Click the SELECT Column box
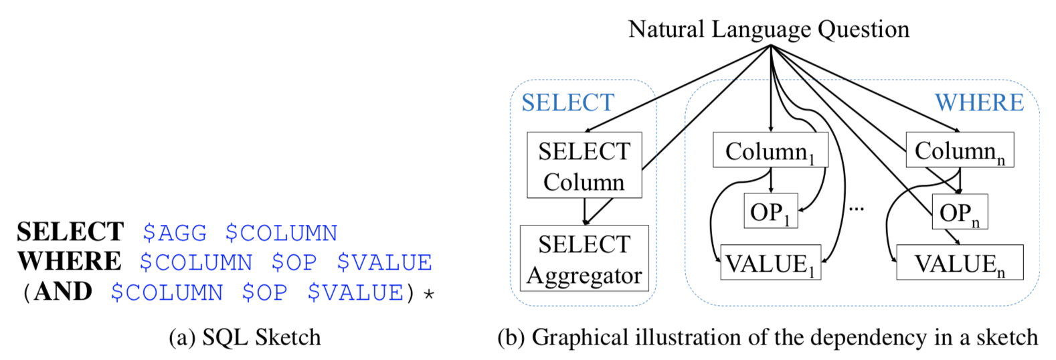click(x=584, y=165)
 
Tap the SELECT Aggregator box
click(x=584, y=258)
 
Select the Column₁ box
click(x=770, y=151)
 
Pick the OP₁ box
click(x=771, y=211)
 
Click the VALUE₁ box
click(x=770, y=263)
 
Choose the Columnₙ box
click(x=960, y=151)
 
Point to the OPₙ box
click(x=960, y=212)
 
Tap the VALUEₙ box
click(x=960, y=263)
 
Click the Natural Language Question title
click(x=769, y=29)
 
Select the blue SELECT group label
click(x=567, y=102)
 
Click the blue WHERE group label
click(x=979, y=102)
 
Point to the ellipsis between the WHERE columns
click(x=857, y=209)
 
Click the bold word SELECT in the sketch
click(x=70, y=232)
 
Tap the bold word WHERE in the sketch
click(x=70, y=262)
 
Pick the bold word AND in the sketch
click(x=63, y=292)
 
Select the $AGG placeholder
click(x=175, y=233)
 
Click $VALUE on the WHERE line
click(x=384, y=262)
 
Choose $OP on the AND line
click(x=265, y=292)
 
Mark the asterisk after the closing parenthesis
click(x=429, y=294)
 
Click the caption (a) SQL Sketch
click(x=244, y=337)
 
